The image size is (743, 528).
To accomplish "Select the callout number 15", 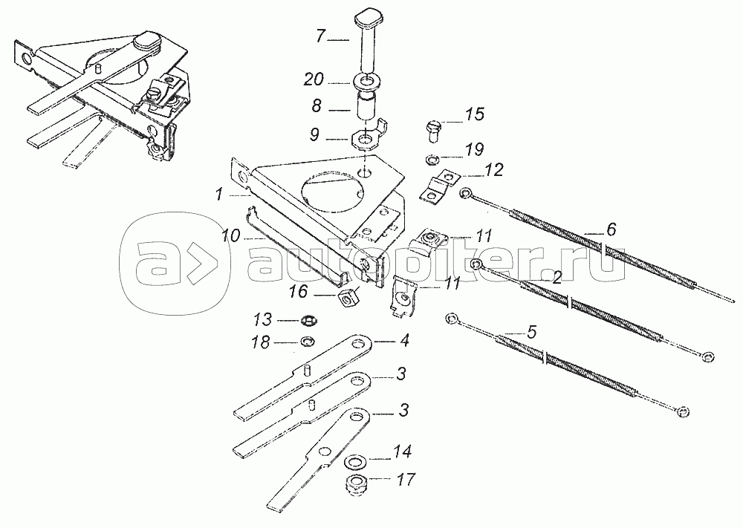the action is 474,115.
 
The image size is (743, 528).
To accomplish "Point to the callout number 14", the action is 403,452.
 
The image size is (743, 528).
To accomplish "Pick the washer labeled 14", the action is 357,460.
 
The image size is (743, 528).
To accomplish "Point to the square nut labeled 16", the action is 346,300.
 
